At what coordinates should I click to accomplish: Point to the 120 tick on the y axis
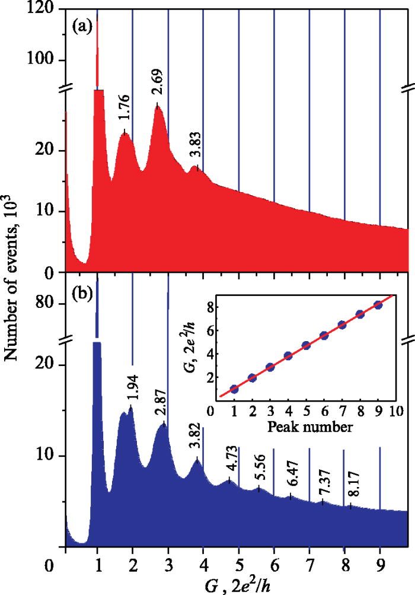tap(44, 9)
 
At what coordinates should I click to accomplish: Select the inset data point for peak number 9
tap(378, 306)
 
